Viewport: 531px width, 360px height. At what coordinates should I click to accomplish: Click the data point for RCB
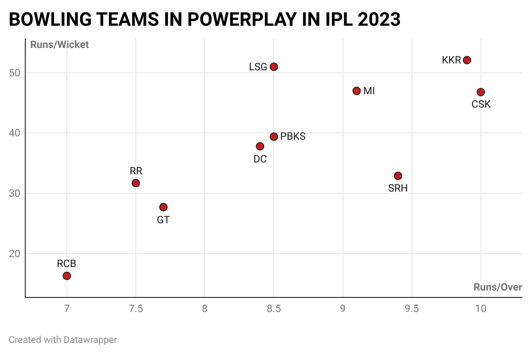[x=67, y=276]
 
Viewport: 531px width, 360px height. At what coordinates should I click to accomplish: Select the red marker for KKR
[x=467, y=60]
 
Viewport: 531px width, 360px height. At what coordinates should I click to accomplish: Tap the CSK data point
[x=480, y=92]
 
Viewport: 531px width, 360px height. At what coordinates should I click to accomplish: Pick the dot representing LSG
[x=274, y=67]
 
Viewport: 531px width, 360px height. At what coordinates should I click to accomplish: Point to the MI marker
[x=356, y=91]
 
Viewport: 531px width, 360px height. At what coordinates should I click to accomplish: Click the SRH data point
[x=398, y=176]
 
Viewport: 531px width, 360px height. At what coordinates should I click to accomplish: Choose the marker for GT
[x=163, y=207]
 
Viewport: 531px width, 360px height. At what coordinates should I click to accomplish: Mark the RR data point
[x=136, y=183]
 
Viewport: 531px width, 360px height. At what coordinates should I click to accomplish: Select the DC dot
[x=260, y=146]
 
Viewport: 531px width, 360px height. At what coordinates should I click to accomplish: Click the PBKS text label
[x=293, y=137]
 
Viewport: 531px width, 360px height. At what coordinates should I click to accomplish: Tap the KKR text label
[x=451, y=60]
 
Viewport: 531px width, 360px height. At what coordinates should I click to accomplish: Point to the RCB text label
[x=66, y=264]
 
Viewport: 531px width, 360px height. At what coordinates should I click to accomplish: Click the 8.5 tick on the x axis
[x=274, y=309]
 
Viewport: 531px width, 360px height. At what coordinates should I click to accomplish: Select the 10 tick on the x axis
[x=480, y=309]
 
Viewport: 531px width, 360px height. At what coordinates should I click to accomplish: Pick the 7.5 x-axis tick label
[x=136, y=309]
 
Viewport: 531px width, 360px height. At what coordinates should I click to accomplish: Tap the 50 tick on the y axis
[x=15, y=73]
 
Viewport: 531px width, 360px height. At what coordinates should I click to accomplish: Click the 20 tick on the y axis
[x=15, y=254]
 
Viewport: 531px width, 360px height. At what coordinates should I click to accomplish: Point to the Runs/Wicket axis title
[x=60, y=45]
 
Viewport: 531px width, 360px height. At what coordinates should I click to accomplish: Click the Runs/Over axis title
[x=498, y=287]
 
